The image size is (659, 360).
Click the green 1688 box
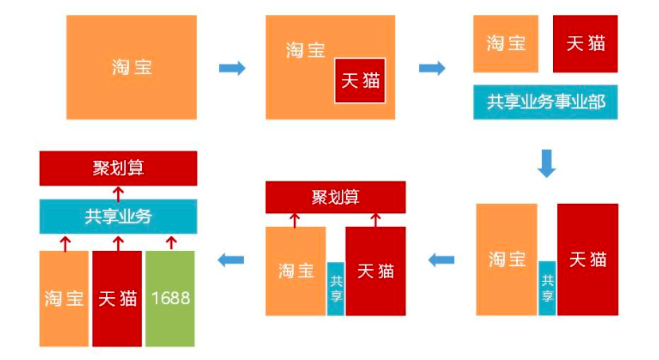[170, 299]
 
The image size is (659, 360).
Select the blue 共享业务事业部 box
[545, 102]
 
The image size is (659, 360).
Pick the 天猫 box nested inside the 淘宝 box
[360, 80]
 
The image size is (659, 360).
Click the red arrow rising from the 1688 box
[170, 241]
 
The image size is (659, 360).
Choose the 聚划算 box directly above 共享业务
[118, 168]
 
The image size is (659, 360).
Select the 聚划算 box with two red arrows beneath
[335, 197]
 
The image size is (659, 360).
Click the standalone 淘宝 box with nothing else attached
[131, 68]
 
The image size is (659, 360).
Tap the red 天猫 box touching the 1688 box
[117, 299]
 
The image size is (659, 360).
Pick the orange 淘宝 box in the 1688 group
[65, 299]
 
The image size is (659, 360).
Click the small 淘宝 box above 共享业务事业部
[506, 44]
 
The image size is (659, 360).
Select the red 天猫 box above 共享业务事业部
[585, 44]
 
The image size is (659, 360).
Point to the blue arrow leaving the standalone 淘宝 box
[232, 68]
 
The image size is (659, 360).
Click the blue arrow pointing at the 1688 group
[231, 260]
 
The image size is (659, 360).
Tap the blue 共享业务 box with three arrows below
[118, 216]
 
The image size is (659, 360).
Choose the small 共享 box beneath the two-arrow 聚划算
[335, 288]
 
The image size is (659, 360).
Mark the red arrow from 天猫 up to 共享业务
[118, 241]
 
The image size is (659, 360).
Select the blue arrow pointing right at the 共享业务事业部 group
[432, 68]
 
